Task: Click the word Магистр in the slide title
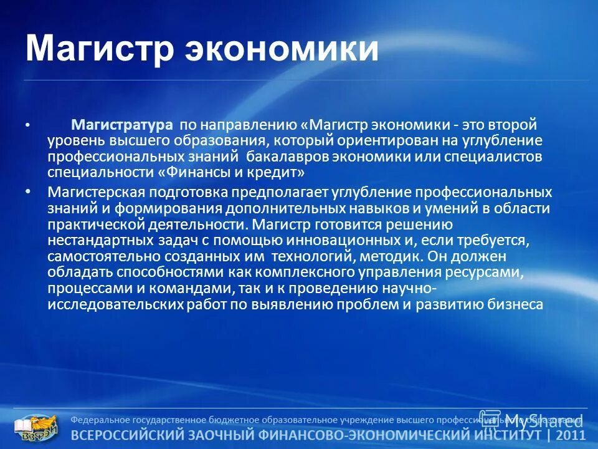[100, 50]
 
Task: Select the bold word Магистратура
[121, 126]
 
